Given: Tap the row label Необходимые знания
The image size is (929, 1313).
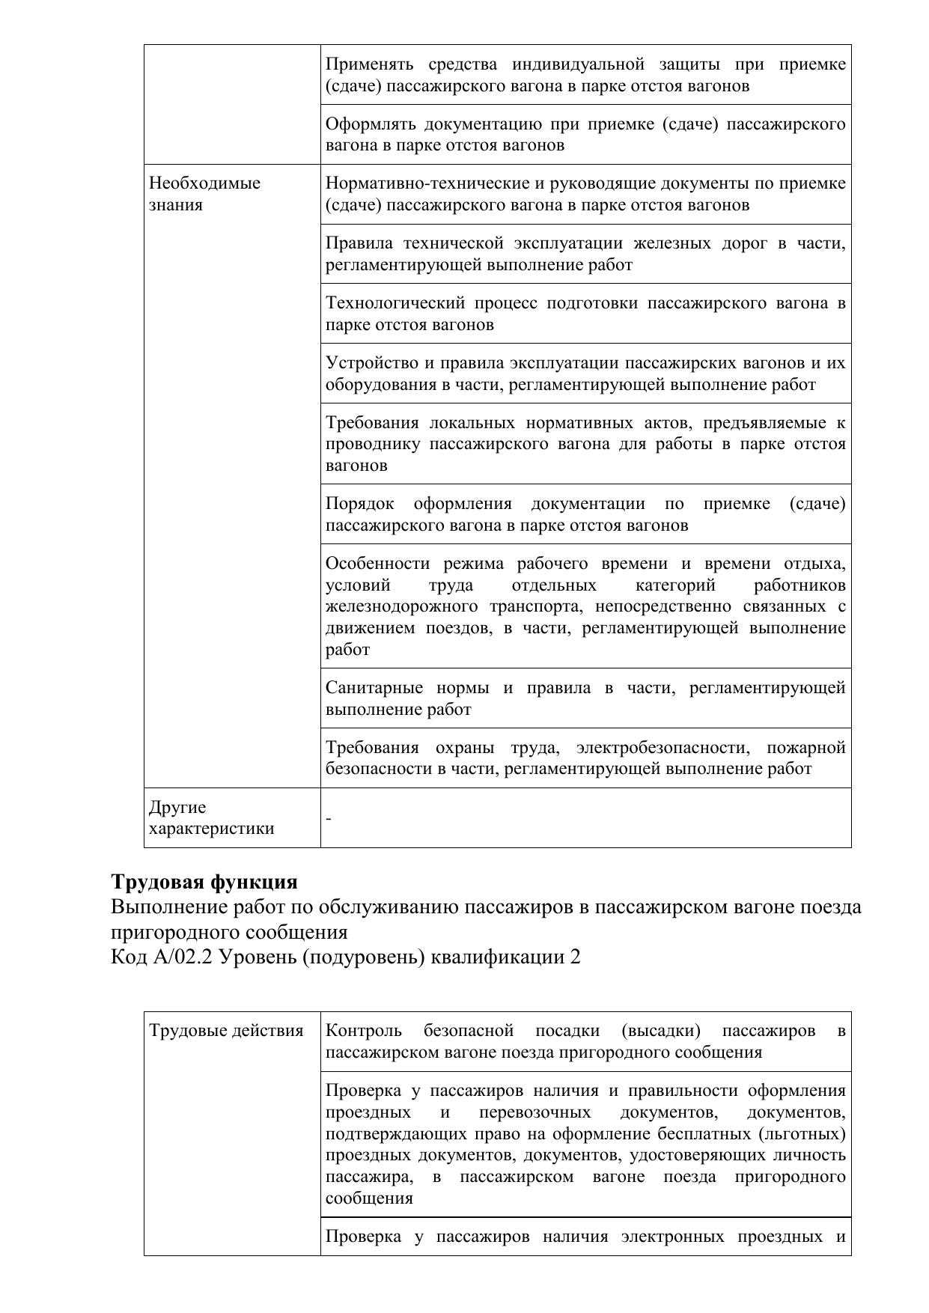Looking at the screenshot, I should click(x=204, y=194).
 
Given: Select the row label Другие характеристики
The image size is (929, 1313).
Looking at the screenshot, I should click(x=211, y=818).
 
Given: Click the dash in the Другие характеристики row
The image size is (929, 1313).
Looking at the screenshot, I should click(x=329, y=818).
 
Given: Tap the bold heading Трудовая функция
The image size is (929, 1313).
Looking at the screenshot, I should click(x=204, y=882).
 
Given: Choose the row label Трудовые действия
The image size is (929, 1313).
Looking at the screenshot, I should click(x=226, y=1031).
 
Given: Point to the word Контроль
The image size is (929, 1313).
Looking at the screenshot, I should click(x=363, y=1031).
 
